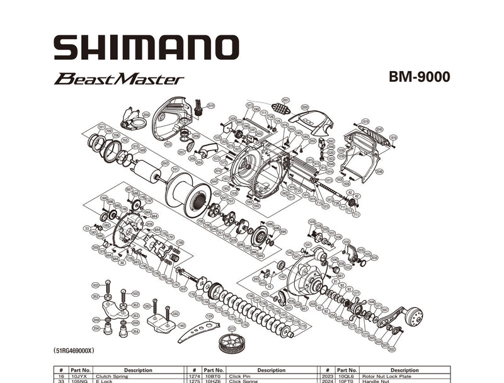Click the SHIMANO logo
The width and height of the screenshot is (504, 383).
coord(146,47)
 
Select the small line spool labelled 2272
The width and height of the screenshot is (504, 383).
coord(231,343)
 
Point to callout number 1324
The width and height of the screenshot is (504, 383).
coord(209,315)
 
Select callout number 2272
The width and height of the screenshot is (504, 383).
coord(232,328)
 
